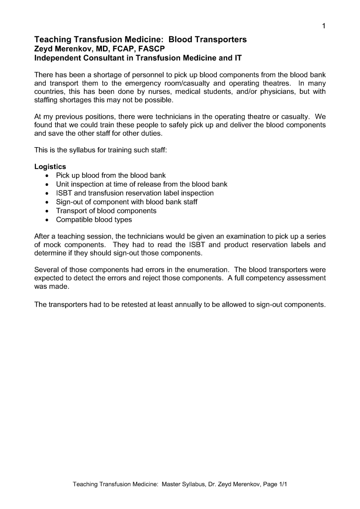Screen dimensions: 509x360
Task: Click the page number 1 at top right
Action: click(x=323, y=26)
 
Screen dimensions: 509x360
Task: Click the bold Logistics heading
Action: click(x=50, y=167)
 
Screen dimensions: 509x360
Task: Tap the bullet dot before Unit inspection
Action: click(x=47, y=184)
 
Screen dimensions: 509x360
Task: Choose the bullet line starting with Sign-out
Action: click(x=126, y=202)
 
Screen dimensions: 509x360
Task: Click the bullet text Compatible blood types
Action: click(x=94, y=220)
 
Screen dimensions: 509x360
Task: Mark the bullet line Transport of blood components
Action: click(x=106, y=211)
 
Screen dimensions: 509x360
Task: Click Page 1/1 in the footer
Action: click(x=273, y=484)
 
